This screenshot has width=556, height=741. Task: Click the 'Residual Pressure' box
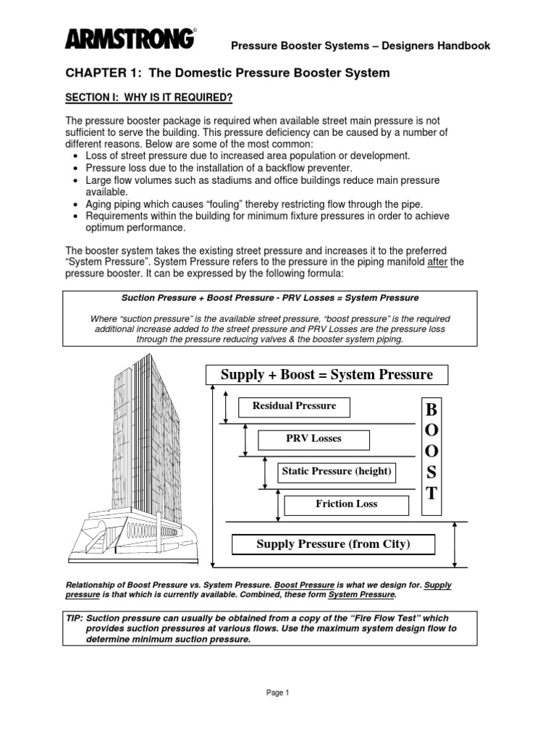pos(294,407)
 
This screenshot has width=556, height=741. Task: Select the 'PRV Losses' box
pos(313,439)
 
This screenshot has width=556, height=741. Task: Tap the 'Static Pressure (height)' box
pos(337,472)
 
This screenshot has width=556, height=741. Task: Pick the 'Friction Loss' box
pos(346,504)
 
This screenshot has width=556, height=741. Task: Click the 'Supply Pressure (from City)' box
pos(333,544)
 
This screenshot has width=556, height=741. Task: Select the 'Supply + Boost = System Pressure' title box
pos(327,375)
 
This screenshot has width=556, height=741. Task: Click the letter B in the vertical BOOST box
pos(431,411)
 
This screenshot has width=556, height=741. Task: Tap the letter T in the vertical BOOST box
pos(431,494)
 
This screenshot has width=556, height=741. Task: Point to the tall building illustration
pos(138,463)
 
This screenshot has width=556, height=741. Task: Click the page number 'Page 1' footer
pos(277,693)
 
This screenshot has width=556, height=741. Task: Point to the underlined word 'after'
pos(437,261)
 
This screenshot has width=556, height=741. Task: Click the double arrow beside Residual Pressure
pos(227,407)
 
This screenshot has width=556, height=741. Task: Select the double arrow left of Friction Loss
pos(279,504)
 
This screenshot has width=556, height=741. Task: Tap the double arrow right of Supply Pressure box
pos(455,544)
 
